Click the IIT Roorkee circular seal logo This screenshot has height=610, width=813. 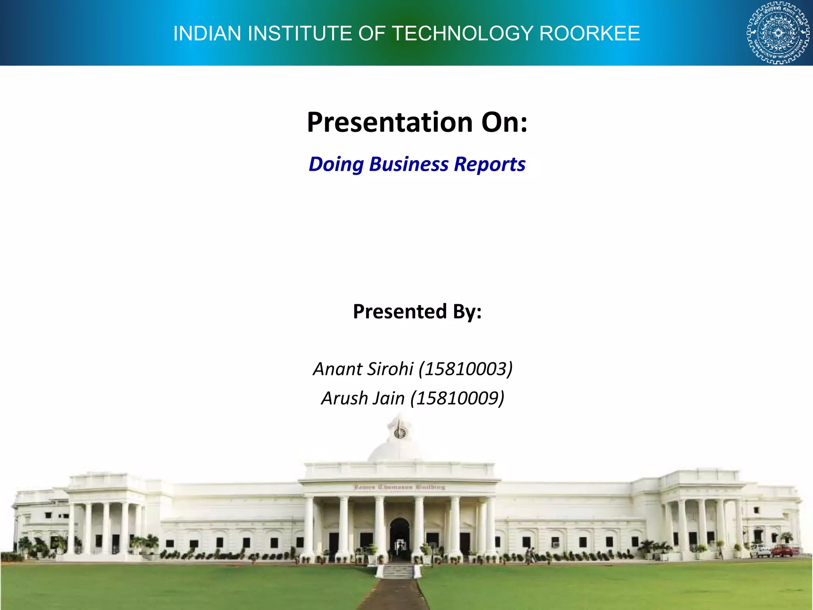(778, 33)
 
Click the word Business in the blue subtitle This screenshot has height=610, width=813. (409, 164)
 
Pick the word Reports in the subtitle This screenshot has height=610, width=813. (489, 164)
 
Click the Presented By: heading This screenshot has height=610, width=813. (417, 311)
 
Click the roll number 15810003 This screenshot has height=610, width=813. (466, 369)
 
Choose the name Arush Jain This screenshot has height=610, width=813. (363, 398)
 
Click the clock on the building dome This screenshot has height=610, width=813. (400, 432)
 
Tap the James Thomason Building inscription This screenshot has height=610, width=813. (399, 487)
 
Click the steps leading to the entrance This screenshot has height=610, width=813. (399, 571)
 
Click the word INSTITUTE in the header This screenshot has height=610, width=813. (300, 33)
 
